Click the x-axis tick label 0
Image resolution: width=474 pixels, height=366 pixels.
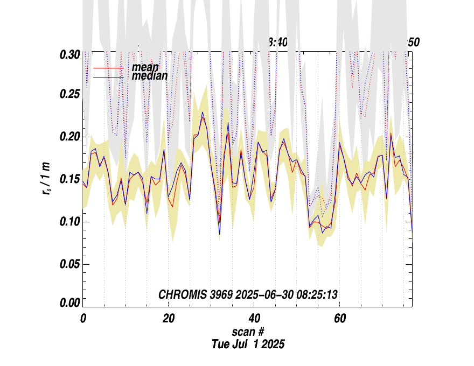pos(83,319)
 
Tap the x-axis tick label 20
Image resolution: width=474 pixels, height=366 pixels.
pos(169,319)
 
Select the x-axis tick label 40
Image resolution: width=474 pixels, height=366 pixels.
pos(254,319)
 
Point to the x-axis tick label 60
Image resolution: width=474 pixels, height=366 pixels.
pos(340,319)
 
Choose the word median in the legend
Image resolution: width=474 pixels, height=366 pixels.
pos(150,76)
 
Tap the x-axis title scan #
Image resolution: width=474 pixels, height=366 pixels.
pos(248,332)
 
